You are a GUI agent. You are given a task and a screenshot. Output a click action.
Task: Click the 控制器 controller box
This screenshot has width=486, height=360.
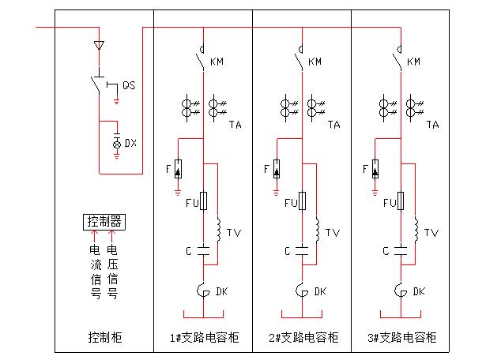click(104, 221)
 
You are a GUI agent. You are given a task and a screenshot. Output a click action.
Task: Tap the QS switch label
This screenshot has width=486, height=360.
click(128, 86)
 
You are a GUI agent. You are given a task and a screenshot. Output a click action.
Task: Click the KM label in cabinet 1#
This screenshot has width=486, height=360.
click(217, 62)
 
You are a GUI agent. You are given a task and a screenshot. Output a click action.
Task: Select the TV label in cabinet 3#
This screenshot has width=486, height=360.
click(431, 233)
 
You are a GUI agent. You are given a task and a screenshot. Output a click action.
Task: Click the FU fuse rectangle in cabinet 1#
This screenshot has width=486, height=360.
click(204, 201)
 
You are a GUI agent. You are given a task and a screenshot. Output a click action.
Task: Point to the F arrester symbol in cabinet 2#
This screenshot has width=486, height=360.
click(276, 169)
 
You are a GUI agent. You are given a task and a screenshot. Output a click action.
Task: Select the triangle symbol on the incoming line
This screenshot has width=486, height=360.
click(99, 45)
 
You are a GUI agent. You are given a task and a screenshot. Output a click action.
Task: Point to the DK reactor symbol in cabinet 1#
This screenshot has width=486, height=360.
click(203, 291)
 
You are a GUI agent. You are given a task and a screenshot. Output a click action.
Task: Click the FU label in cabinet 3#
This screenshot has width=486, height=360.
click(388, 204)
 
